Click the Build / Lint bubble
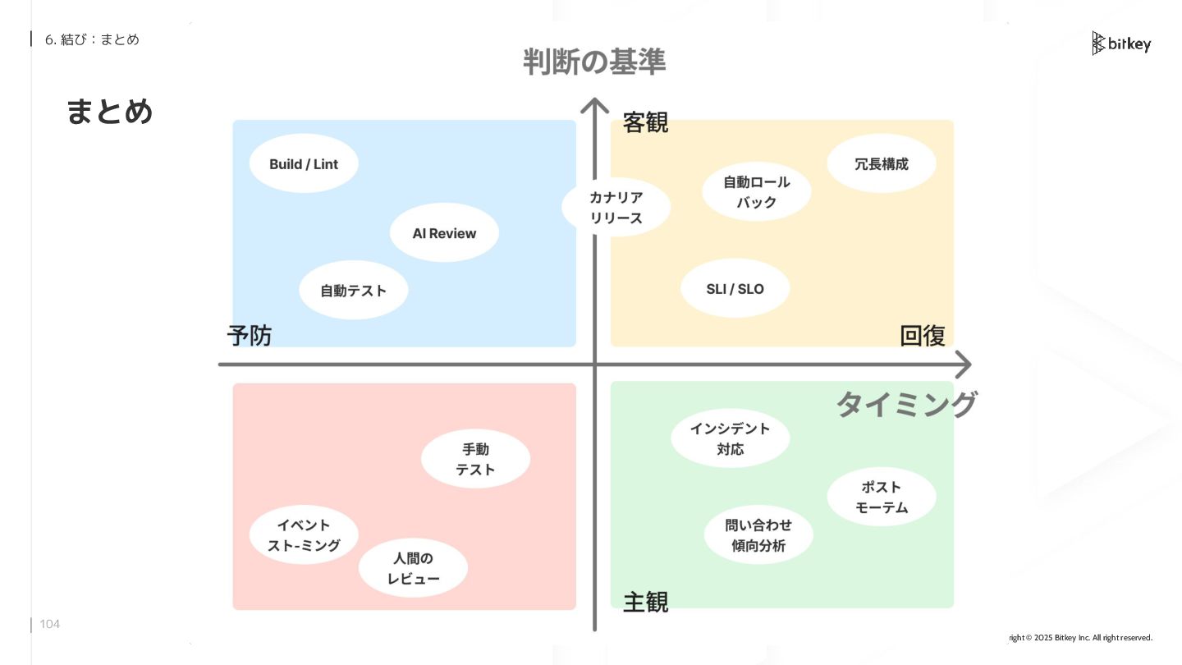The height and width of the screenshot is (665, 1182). pyautogui.click(x=304, y=163)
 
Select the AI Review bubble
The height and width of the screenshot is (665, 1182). pyautogui.click(x=444, y=233)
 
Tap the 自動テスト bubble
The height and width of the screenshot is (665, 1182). pyautogui.click(x=353, y=290)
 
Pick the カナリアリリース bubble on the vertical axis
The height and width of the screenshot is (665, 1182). pyautogui.click(x=616, y=207)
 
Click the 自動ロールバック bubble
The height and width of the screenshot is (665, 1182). pyautogui.click(x=757, y=191)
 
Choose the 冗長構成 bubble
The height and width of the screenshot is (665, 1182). pyautogui.click(x=882, y=163)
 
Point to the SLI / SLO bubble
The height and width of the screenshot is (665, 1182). pyautogui.click(x=735, y=288)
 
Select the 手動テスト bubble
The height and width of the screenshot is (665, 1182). pyautogui.click(x=475, y=459)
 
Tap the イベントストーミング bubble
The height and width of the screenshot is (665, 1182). pyautogui.click(x=304, y=534)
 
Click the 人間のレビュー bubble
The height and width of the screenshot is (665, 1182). pyautogui.click(x=413, y=568)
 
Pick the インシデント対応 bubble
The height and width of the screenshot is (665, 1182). pyautogui.click(x=730, y=438)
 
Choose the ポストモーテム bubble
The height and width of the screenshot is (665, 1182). pyautogui.click(x=882, y=497)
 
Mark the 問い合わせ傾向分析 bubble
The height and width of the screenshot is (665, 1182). pyautogui.click(x=758, y=535)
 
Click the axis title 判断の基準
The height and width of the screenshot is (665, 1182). pyautogui.click(x=594, y=62)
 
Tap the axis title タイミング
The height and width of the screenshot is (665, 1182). pyautogui.click(x=906, y=404)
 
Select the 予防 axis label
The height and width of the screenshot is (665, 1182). pyautogui.click(x=250, y=335)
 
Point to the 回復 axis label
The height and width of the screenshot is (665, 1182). pyautogui.click(x=923, y=335)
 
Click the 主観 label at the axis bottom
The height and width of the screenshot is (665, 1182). pyautogui.click(x=645, y=602)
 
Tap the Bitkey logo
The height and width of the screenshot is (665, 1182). pyautogui.click(x=1121, y=44)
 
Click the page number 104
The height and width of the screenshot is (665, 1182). pyautogui.click(x=50, y=624)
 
